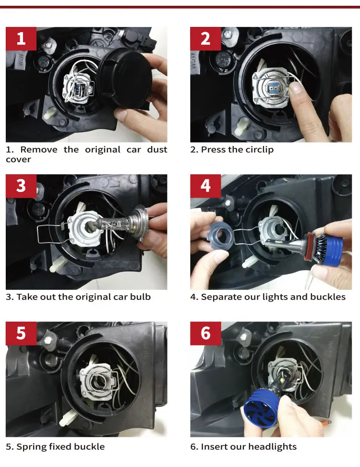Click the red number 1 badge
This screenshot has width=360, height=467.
coord(21,39)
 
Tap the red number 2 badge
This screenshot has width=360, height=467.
coord(205,39)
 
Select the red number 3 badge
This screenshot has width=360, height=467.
coord(21,186)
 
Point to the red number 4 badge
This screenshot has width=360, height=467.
coord(205,186)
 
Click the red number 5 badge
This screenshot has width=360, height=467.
coord(21,333)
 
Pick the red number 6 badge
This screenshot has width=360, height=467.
coord(205,333)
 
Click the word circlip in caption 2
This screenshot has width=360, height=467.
coord(258,150)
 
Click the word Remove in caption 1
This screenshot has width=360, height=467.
coord(39,150)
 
